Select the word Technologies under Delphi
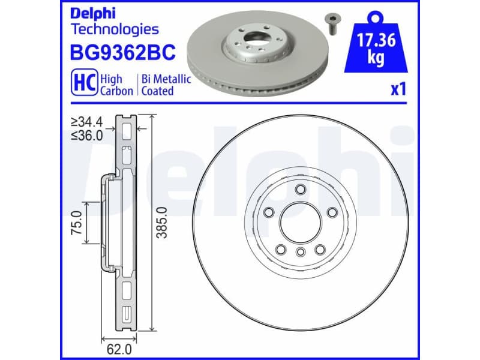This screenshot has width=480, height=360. (x=115, y=29)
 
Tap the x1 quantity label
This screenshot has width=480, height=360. (x=398, y=90)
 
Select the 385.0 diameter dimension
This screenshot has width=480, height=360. (x=160, y=223)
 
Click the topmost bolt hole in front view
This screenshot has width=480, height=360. (x=299, y=190)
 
